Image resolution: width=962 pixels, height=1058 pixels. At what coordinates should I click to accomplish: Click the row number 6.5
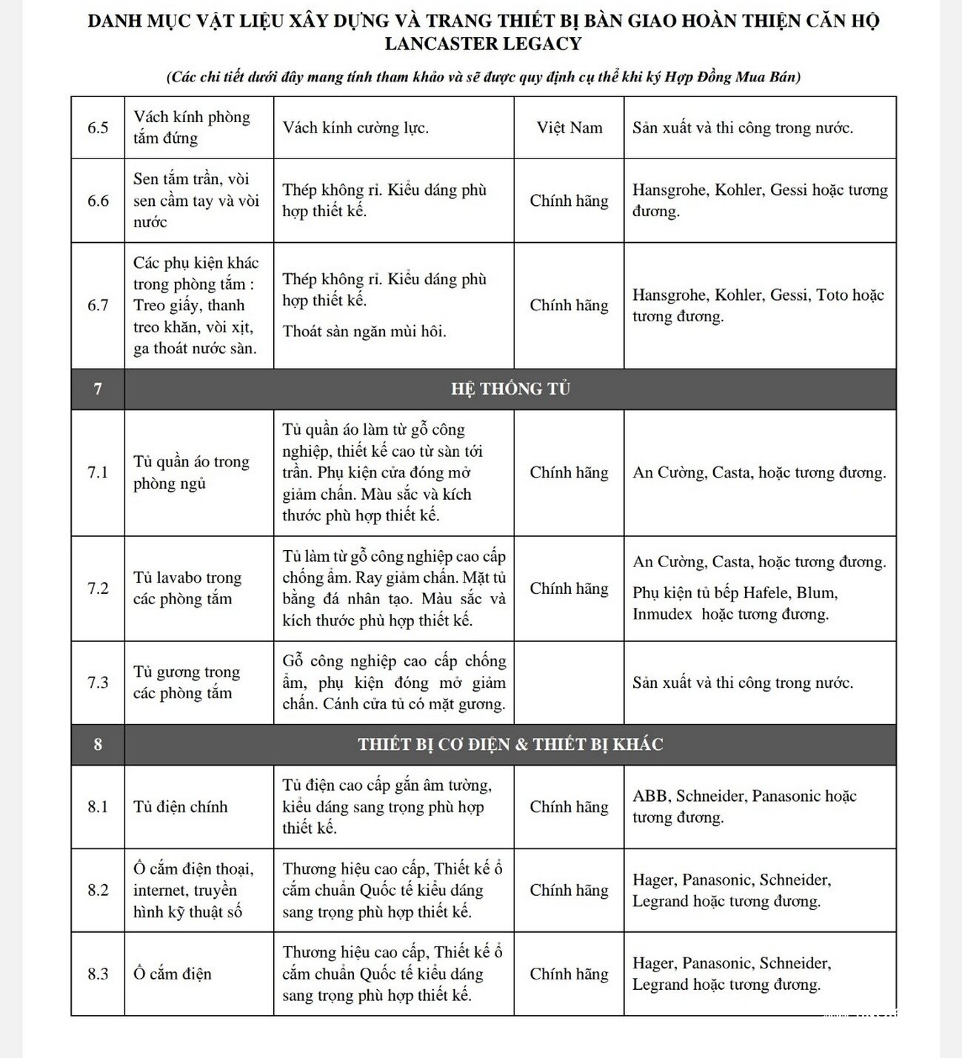[x=98, y=127]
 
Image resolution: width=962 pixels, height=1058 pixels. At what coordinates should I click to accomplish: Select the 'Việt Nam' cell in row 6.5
[x=569, y=127]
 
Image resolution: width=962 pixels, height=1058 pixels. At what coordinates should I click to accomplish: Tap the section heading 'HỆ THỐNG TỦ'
[x=510, y=389]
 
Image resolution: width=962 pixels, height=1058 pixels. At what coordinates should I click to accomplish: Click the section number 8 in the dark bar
[x=98, y=744]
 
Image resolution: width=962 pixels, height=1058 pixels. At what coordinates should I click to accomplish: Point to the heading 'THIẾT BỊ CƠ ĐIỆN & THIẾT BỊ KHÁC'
[x=510, y=744]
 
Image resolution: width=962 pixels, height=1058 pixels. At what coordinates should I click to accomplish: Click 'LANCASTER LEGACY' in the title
[x=483, y=44]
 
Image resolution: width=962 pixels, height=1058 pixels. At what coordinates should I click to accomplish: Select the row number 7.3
[x=98, y=682]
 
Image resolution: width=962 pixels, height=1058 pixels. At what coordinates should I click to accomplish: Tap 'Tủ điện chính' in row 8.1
[x=180, y=806]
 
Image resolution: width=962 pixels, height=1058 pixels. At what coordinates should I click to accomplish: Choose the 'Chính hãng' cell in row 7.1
[x=569, y=472]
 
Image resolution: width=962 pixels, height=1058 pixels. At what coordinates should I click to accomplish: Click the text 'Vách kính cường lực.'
[x=355, y=127]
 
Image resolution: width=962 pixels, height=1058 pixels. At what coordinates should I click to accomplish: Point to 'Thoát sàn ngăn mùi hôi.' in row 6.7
[x=364, y=331]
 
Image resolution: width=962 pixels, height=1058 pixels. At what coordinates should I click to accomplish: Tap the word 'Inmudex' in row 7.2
[x=662, y=614]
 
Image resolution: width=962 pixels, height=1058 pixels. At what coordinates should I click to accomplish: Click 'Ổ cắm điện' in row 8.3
[x=172, y=974]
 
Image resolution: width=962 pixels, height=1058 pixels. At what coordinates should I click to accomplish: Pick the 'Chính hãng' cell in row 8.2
[x=569, y=890]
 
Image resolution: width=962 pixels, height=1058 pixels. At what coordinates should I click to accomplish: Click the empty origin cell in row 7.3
[x=569, y=682]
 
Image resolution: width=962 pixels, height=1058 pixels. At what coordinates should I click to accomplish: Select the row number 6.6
[x=98, y=200]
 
